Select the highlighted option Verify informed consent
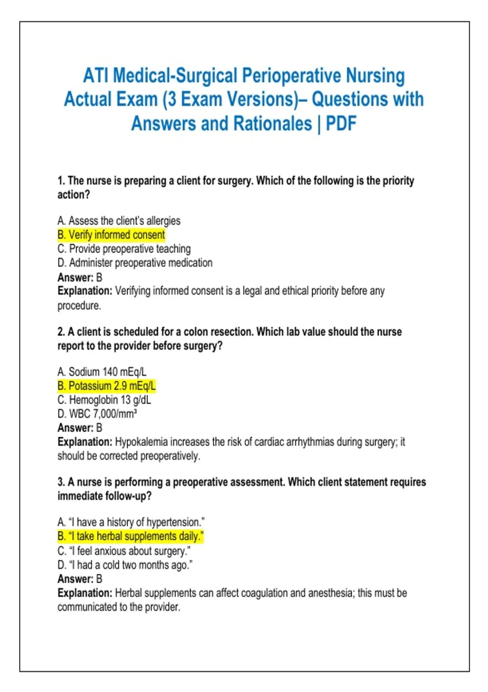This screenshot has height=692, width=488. pyautogui.click(x=111, y=235)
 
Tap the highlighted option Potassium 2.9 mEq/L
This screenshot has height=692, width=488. pyautogui.click(x=107, y=386)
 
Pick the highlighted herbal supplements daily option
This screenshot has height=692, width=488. pyautogui.click(x=130, y=537)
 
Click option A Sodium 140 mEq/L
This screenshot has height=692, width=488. pyautogui.click(x=102, y=372)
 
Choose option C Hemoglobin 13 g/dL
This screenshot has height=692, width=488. pyautogui.click(x=104, y=400)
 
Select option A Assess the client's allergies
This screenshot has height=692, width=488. pyautogui.click(x=119, y=221)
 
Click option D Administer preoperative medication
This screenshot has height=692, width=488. pyautogui.click(x=135, y=263)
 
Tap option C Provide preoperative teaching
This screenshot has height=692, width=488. pyautogui.click(x=124, y=249)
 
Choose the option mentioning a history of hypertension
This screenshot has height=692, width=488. pyautogui.click(x=131, y=522)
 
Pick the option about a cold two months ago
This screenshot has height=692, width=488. pyautogui.click(x=125, y=565)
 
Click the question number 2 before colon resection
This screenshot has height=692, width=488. pyautogui.click(x=61, y=332)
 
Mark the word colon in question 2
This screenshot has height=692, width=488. pyautogui.click(x=194, y=332)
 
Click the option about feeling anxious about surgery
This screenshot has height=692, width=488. pyautogui.click(x=124, y=551)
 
